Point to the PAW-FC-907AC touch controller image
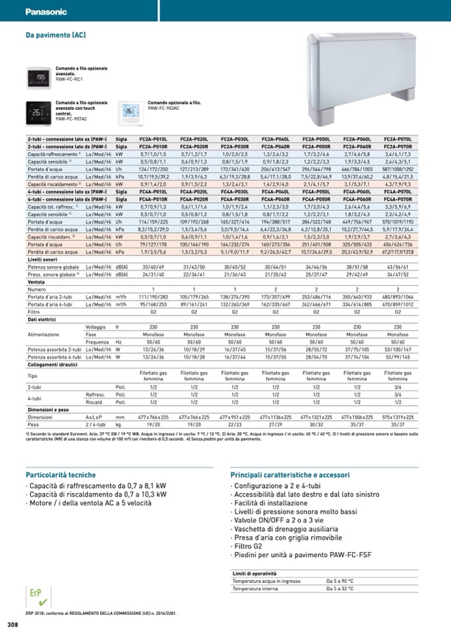tap(38, 112)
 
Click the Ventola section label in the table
tap(36, 282)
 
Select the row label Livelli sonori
tap(43, 259)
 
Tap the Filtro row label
tap(34, 312)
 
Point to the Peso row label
tap(34, 424)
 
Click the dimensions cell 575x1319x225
tap(398, 416)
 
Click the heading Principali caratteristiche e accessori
tap(289, 476)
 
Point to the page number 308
tap(13, 625)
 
